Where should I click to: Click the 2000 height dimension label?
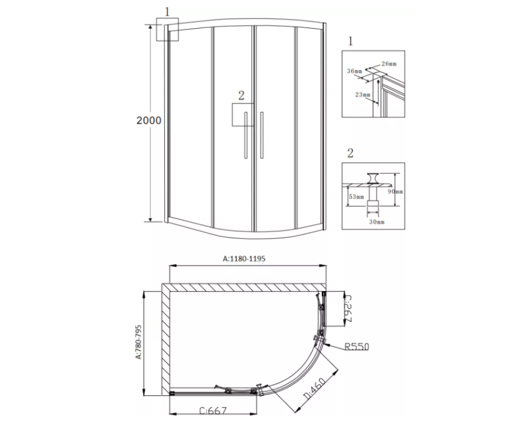[x=148, y=120]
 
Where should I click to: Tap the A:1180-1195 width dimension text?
[x=244, y=259]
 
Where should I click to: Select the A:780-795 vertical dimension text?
[x=138, y=342]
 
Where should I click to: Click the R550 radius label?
[x=356, y=346]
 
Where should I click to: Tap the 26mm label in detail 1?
[x=389, y=64]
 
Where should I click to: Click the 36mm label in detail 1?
[x=354, y=71]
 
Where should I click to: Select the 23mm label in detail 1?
[x=363, y=95]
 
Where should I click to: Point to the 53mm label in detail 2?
[x=356, y=197]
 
